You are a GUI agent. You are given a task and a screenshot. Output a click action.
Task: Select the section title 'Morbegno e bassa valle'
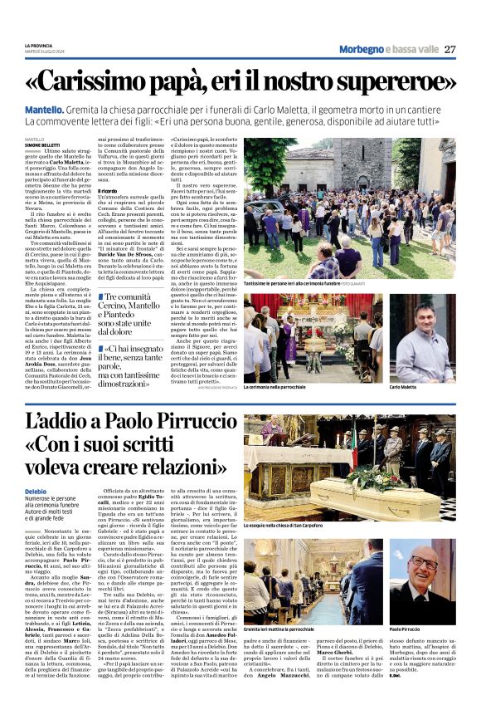pyautogui.click(x=386, y=49)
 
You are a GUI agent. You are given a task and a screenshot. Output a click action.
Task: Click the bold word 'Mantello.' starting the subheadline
pyautogui.click(x=45, y=110)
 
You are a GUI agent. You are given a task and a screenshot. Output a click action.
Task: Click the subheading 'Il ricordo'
pyautogui.click(x=110, y=191)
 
